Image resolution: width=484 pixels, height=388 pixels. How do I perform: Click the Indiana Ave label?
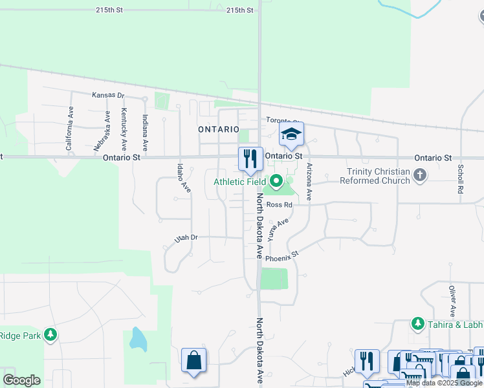click(145, 133)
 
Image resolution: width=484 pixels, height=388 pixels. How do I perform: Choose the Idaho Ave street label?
click(184, 177)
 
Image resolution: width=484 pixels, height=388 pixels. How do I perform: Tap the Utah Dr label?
click(185, 239)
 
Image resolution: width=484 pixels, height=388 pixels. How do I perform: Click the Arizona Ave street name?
click(310, 181)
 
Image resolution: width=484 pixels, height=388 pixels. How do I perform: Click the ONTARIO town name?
click(219, 129)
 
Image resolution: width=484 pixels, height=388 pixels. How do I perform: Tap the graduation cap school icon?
click(291, 134)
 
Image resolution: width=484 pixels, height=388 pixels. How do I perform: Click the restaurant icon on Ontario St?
click(250, 158)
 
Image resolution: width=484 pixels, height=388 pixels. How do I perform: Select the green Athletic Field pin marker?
click(278, 182)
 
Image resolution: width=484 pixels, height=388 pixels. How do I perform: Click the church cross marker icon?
click(421, 175)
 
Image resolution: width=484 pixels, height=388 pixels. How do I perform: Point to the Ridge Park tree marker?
click(50, 335)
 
